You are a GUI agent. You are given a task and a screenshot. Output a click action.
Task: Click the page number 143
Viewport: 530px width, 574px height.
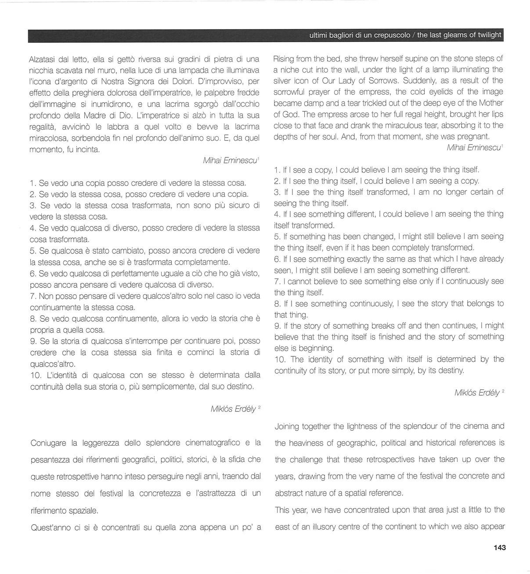(500, 548)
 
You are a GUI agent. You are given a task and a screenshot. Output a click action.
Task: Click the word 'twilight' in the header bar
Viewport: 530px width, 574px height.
(488, 35)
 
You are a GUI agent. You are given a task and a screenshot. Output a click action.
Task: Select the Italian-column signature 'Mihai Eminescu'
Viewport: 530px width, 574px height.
(230, 161)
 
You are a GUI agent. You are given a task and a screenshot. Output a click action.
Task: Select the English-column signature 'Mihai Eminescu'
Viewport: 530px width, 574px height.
(473, 148)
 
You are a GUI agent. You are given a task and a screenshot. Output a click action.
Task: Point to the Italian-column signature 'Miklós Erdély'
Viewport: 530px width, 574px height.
(233, 409)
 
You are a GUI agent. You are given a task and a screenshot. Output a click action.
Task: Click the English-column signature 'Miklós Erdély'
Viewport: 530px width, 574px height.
(477, 392)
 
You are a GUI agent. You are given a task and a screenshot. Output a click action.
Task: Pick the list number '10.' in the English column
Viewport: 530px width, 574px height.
(281, 359)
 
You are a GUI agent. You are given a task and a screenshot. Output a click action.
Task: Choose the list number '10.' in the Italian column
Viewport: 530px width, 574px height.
(36, 375)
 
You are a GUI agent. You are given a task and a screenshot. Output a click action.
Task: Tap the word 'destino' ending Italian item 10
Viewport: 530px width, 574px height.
(241, 387)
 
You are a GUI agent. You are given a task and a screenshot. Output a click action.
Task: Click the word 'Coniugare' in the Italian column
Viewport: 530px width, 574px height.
(48, 443)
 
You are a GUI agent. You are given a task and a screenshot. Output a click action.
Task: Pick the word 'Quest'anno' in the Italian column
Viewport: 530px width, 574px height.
(49, 527)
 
